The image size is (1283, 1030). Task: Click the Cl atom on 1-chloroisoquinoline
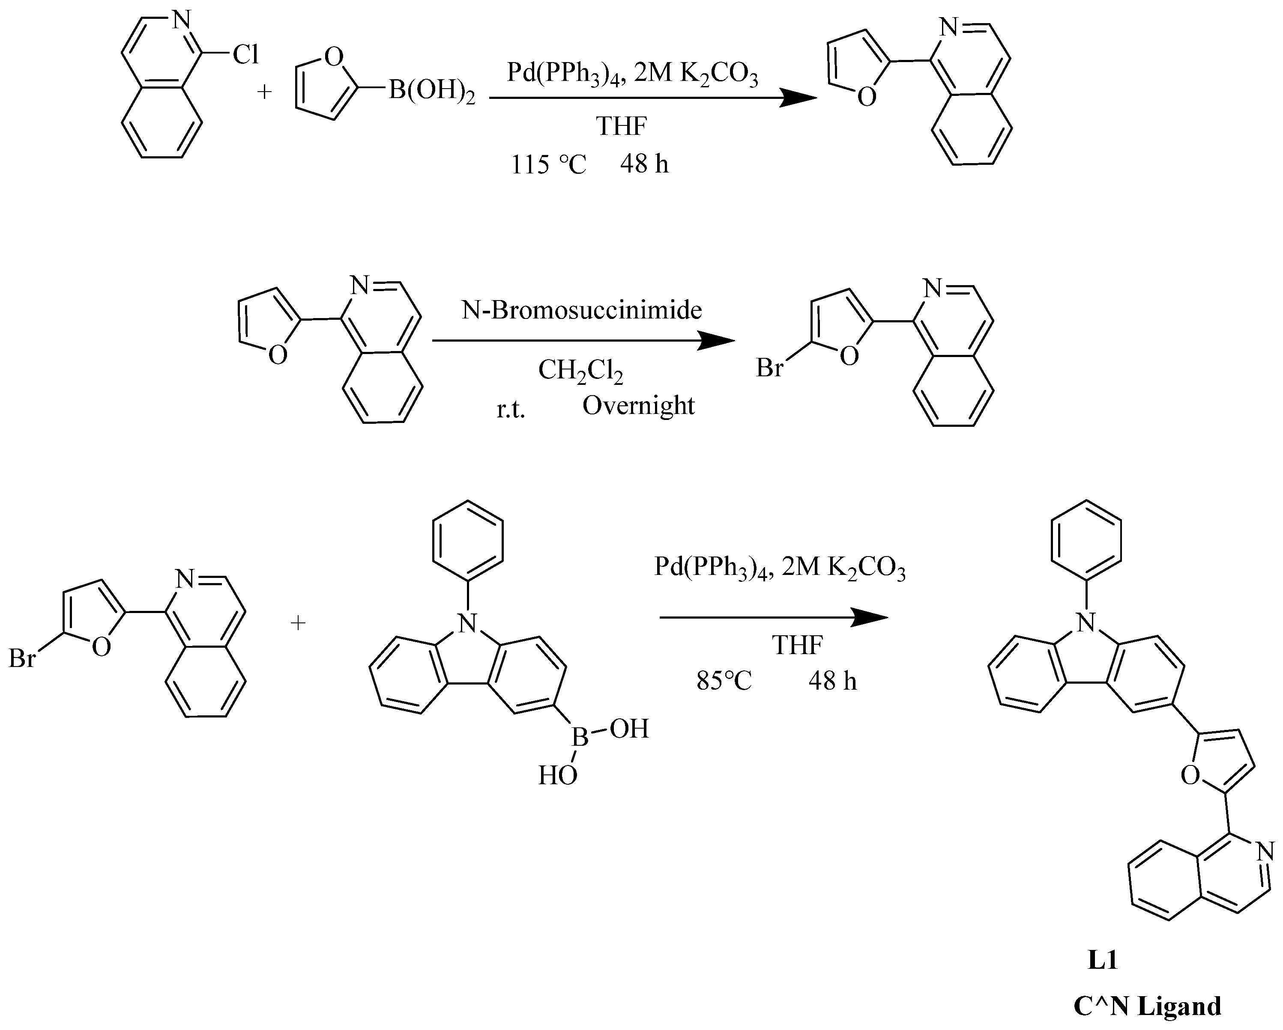245,55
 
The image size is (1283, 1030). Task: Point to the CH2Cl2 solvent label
580,371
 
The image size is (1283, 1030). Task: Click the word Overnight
638,406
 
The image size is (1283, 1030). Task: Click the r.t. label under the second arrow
511,411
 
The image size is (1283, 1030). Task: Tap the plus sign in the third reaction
298,622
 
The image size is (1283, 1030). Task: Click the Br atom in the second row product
769,369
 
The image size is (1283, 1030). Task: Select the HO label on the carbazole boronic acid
558,775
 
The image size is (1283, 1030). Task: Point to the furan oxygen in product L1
1189,775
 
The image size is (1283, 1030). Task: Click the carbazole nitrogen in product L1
1087,623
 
